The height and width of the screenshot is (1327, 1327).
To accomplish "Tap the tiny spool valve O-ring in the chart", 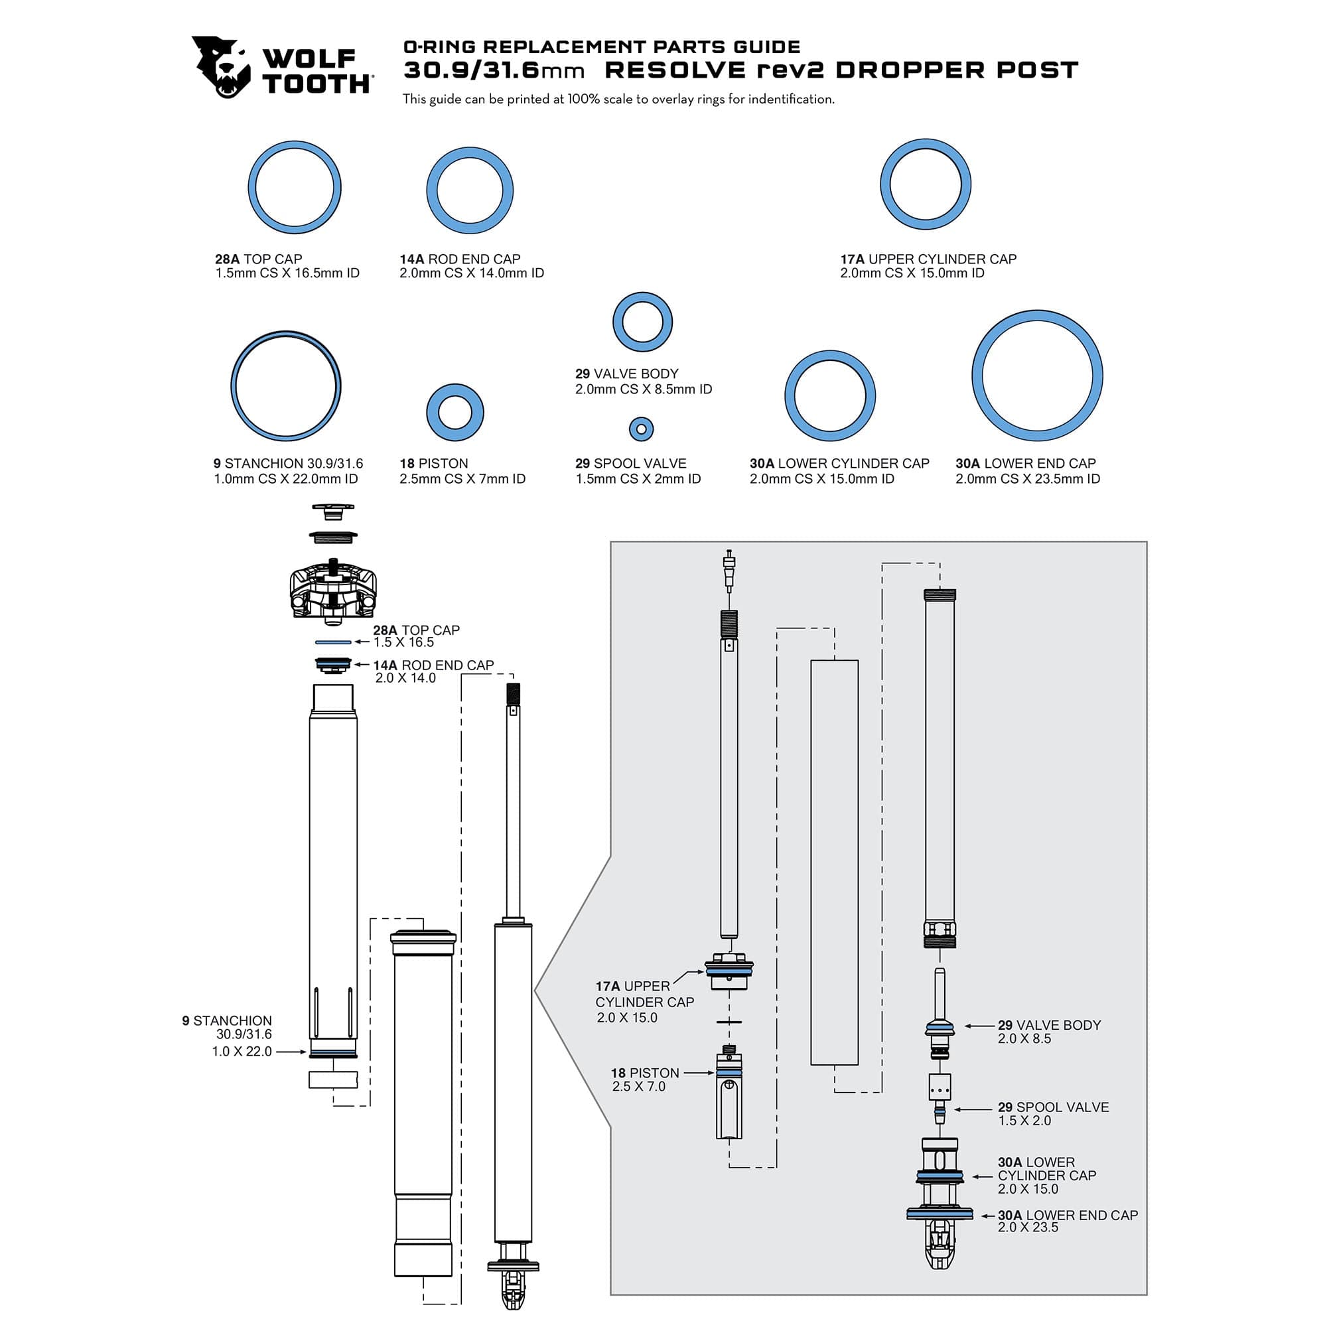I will click(641, 429).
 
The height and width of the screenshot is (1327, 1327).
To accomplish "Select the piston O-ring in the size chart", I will click(454, 413).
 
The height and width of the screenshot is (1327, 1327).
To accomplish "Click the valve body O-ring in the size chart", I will click(642, 322).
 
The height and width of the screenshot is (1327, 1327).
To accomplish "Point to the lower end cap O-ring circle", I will click(1036, 376).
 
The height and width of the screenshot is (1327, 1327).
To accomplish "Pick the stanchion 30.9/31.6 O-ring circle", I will click(286, 386).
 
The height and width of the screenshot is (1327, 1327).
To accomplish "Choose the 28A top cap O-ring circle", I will click(295, 188).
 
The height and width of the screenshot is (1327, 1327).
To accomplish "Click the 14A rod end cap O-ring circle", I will click(470, 190).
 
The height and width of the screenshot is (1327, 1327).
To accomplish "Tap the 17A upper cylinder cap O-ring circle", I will click(925, 184).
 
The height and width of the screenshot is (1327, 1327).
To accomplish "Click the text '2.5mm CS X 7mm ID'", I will click(462, 479).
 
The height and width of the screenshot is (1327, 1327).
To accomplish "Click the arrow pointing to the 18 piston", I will click(699, 1072).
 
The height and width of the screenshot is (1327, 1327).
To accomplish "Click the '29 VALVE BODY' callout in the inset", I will click(1049, 1025).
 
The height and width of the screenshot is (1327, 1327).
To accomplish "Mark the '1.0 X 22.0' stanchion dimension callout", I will click(242, 1051).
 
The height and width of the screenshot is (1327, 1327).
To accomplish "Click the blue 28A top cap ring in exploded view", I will click(333, 642).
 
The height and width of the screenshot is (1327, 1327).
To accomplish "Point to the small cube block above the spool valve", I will click(939, 1087).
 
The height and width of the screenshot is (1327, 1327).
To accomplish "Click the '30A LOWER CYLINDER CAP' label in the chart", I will click(839, 464).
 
